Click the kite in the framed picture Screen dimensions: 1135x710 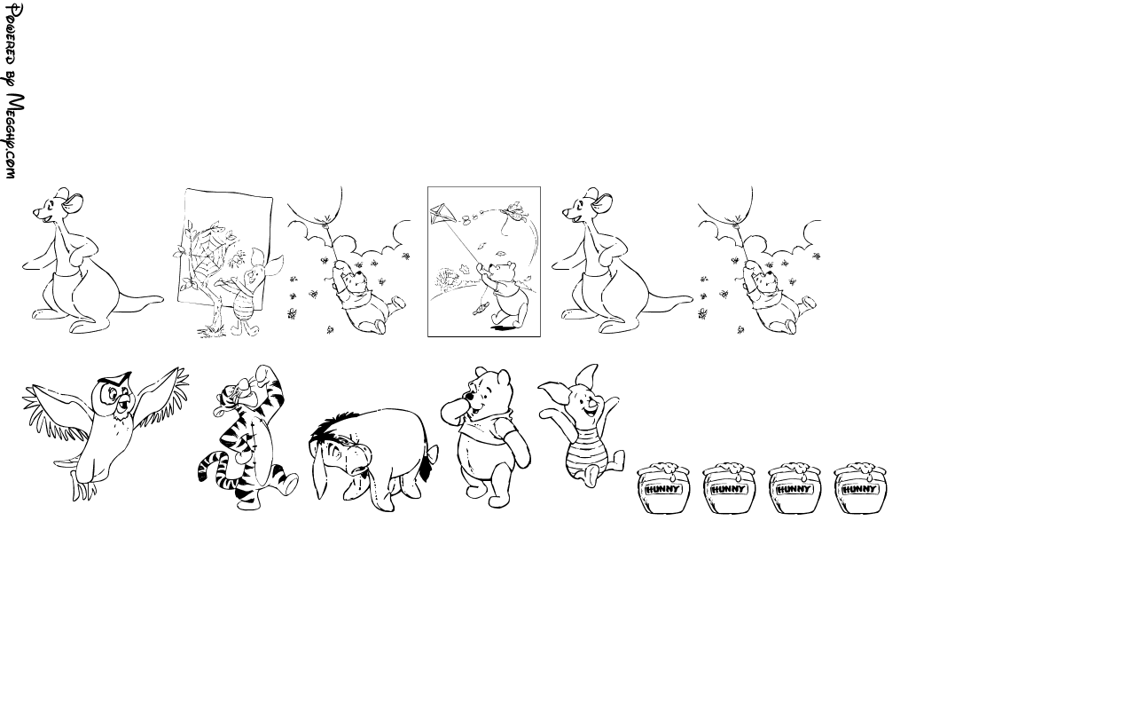point(443,215)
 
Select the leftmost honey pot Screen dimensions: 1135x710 point(663,488)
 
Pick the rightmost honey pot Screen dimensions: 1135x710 point(860,488)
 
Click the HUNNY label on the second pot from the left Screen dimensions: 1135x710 point(729,489)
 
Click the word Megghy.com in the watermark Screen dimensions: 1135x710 point(15,137)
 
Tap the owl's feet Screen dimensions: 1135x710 point(83,489)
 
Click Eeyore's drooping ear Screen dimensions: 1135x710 point(319,471)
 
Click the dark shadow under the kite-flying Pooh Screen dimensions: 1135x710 point(505,328)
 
